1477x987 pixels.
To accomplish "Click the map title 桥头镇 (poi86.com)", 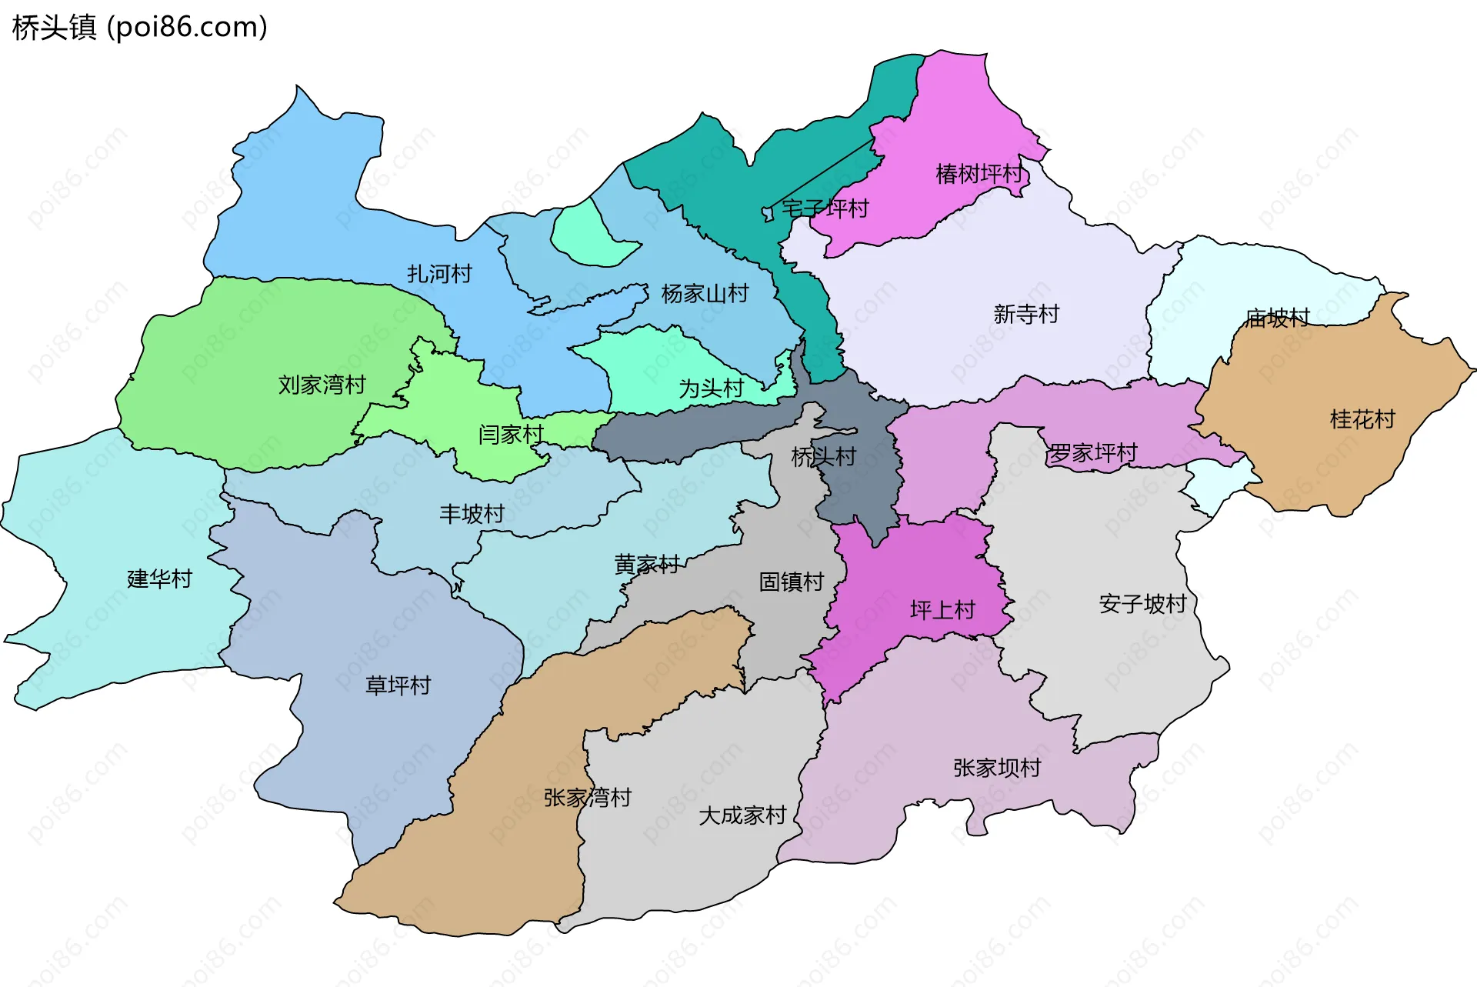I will [139, 28].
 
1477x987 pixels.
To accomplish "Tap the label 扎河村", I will [439, 274].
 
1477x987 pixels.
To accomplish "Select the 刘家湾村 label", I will [322, 385].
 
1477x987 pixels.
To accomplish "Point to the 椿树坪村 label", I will [979, 175].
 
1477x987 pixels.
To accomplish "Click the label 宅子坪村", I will [825, 208].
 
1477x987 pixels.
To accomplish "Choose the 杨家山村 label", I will [705, 294].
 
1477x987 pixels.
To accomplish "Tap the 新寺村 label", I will [1026, 314].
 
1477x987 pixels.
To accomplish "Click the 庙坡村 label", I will [1277, 318].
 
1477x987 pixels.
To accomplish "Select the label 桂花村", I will [1362, 419].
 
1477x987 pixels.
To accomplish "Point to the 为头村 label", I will [711, 388].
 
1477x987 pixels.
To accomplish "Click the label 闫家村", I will [511, 435].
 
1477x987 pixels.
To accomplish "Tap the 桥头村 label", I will [823, 457].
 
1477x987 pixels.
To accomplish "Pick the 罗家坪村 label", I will [1093, 453].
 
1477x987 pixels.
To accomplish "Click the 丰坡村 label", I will [472, 514].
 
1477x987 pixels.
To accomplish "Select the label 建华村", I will [159, 579].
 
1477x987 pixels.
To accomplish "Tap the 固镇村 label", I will [791, 582].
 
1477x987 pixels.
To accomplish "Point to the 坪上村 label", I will [942, 610].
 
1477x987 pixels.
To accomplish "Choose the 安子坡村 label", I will [1142, 604].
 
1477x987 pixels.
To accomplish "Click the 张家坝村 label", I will [997, 768].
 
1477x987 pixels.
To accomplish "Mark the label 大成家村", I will [742, 815].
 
